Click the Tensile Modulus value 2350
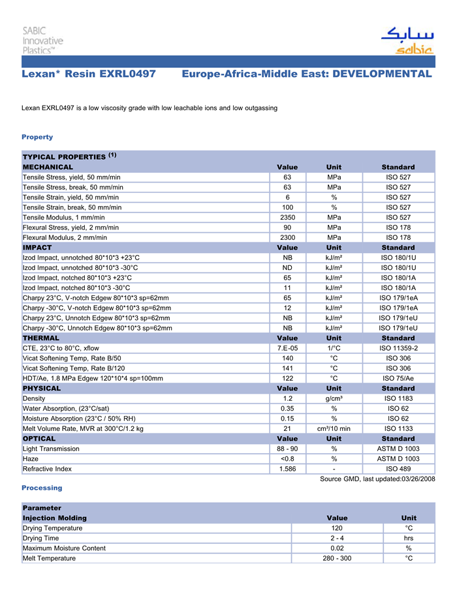(287, 217)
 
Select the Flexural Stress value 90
(287, 228)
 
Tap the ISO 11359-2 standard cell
(398, 348)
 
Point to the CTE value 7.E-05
(287, 348)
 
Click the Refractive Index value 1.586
(287, 469)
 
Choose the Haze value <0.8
(287, 459)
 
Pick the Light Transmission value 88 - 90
(287, 449)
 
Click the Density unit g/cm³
(334, 398)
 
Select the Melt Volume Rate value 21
(287, 428)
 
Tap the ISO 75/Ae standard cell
(398, 378)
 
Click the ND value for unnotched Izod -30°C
(287, 267)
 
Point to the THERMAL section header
(41, 338)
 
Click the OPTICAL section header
(39, 439)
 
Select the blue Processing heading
(42, 488)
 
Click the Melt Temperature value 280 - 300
(337, 559)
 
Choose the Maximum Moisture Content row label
(64, 548)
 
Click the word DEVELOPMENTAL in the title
(382, 74)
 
